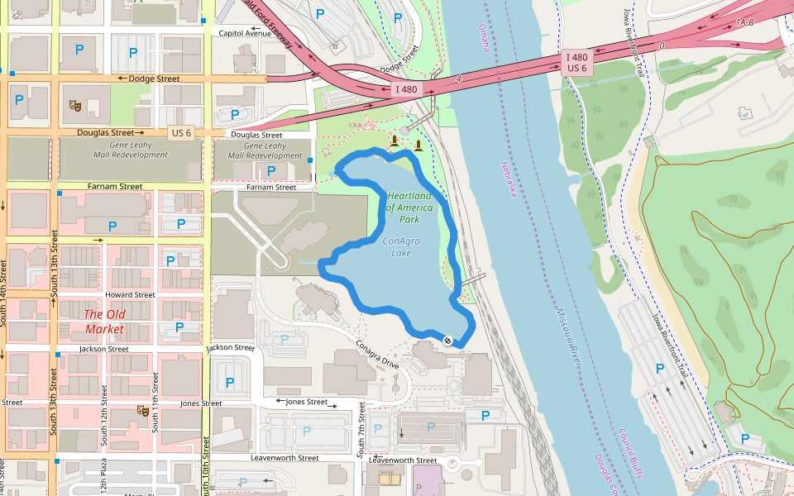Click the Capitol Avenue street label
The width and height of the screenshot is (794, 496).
(243, 33)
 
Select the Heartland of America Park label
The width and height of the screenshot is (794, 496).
(409, 207)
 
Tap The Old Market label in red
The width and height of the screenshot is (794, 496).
(104, 322)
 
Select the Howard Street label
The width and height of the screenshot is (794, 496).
(130, 294)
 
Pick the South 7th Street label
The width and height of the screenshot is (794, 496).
(361, 430)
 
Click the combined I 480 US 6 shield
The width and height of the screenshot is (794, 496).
(576, 62)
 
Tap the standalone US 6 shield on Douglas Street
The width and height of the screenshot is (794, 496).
(181, 132)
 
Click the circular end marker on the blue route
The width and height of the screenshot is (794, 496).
(447, 341)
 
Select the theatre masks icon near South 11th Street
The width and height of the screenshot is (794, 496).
(142, 410)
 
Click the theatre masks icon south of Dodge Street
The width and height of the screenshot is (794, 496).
(74, 105)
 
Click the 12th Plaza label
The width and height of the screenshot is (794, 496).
(104, 479)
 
